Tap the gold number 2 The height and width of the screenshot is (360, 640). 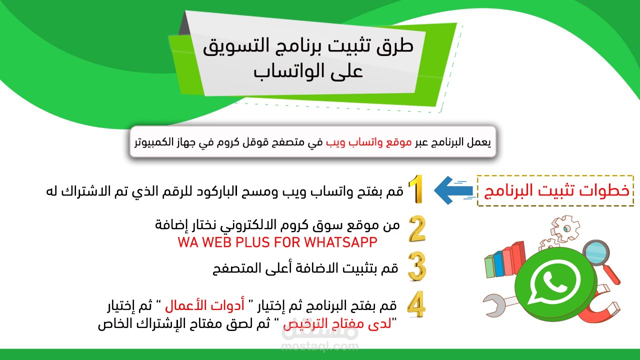pyautogui.click(x=417, y=229)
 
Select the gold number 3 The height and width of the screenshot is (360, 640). pyautogui.click(x=417, y=266)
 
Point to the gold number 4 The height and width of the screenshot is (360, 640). pyautogui.click(x=416, y=304)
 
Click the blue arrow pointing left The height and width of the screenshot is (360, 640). pyautogui.click(x=453, y=190)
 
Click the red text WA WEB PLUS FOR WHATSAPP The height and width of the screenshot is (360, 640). pyautogui.click(x=277, y=242)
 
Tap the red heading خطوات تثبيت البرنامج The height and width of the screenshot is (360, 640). pyautogui.click(x=556, y=190)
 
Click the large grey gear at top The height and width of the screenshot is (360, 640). pyautogui.click(x=565, y=228)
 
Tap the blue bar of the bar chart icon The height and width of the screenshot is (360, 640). pyautogui.click(x=498, y=264)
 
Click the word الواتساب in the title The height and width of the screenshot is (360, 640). pyautogui.click(x=308, y=71)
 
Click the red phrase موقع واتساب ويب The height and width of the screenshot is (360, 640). pyautogui.click(x=369, y=142)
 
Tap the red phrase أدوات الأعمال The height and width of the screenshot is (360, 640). pyautogui.click(x=205, y=305)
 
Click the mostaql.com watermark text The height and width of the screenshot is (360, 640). pyautogui.click(x=320, y=346)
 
